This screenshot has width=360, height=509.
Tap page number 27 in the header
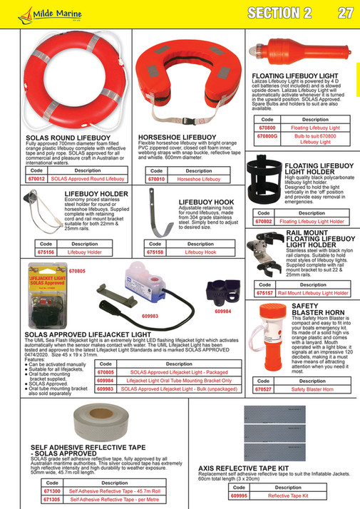click(346, 13)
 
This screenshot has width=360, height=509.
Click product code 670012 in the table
click(36, 180)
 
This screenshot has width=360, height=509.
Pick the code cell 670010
click(155, 180)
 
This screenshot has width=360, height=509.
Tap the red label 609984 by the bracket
click(225, 311)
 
